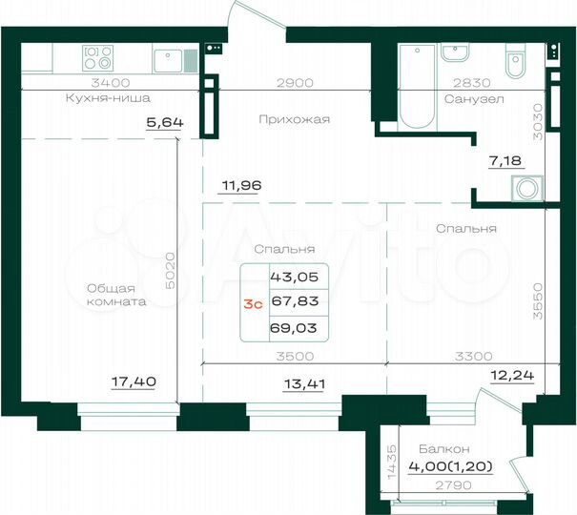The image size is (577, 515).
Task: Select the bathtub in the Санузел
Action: coord(416,85)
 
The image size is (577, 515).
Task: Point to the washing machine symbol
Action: coord(525,188)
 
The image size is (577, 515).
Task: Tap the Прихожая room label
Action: coord(295,119)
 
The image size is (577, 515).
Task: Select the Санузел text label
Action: coord(467,98)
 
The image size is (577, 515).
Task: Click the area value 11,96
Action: coord(240,186)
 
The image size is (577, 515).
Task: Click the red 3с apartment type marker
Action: coord(253,303)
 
